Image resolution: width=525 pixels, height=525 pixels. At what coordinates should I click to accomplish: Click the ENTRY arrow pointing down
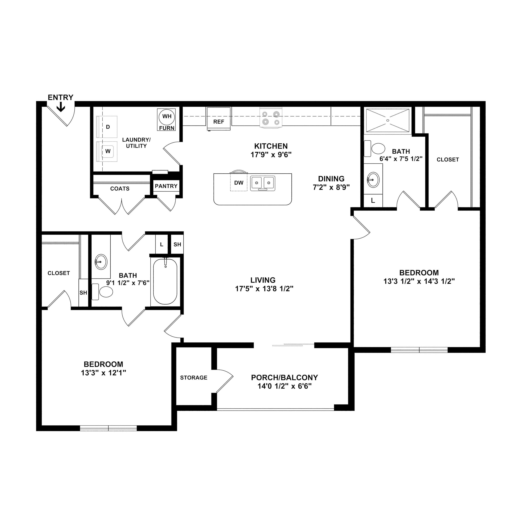[61, 107]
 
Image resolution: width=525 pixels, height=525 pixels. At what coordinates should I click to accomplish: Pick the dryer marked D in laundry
[107, 127]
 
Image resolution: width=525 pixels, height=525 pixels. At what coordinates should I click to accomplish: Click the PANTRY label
[166, 186]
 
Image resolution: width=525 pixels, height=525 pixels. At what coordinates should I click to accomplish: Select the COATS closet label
[120, 189]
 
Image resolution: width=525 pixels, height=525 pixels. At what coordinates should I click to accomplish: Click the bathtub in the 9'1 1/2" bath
[165, 282]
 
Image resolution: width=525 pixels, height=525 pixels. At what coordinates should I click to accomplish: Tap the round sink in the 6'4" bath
[373, 180]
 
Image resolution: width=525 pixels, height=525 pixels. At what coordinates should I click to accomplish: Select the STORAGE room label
[194, 378]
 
